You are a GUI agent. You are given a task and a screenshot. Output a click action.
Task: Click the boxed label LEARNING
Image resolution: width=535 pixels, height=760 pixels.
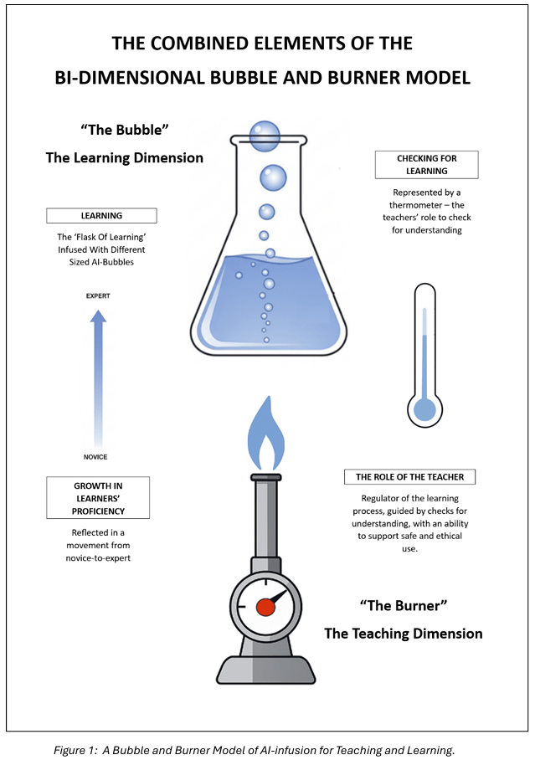pos(100,216)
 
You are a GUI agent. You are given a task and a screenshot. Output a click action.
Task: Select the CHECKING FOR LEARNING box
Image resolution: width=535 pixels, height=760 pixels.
pos(426,164)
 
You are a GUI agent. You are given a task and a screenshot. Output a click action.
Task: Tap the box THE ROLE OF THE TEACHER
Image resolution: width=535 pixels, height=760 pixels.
pos(409,477)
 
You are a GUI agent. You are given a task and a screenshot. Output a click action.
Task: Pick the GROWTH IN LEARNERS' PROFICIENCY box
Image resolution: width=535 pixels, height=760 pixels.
pos(99,497)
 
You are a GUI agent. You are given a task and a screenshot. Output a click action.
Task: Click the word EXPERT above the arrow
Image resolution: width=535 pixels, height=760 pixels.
pos(98,296)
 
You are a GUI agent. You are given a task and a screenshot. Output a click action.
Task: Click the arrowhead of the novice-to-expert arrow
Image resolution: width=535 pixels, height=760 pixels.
pos(98,316)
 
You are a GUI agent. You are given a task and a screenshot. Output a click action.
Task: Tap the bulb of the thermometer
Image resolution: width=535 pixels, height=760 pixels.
pos(425,409)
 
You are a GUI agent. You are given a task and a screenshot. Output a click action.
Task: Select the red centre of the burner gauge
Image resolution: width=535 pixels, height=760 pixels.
pos(265,606)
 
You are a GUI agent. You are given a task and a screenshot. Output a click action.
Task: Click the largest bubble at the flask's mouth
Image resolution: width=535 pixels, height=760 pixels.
pos(265,135)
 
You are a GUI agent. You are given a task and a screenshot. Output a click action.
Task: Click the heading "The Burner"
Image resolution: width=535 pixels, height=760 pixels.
pos(404,605)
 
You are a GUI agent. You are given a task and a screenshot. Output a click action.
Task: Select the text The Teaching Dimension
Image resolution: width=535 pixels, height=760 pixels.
pos(404,634)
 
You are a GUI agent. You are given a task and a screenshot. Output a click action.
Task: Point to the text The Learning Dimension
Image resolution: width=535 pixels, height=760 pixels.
pos(124,157)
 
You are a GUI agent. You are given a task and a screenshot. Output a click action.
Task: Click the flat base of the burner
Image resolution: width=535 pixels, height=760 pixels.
pos(265,670)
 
